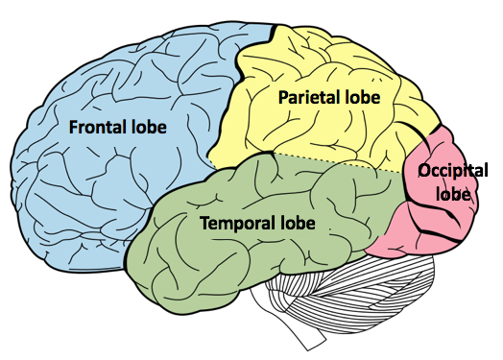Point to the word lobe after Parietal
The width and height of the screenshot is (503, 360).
pyautogui.click(x=362, y=97)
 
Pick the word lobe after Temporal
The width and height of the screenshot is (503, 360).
pyautogui.click(x=297, y=224)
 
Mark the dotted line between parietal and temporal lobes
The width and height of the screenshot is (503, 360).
pyautogui.click(x=336, y=161)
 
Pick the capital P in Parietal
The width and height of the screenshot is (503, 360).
pyautogui.click(x=284, y=97)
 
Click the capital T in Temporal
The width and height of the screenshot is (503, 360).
pyautogui.click(x=204, y=224)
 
